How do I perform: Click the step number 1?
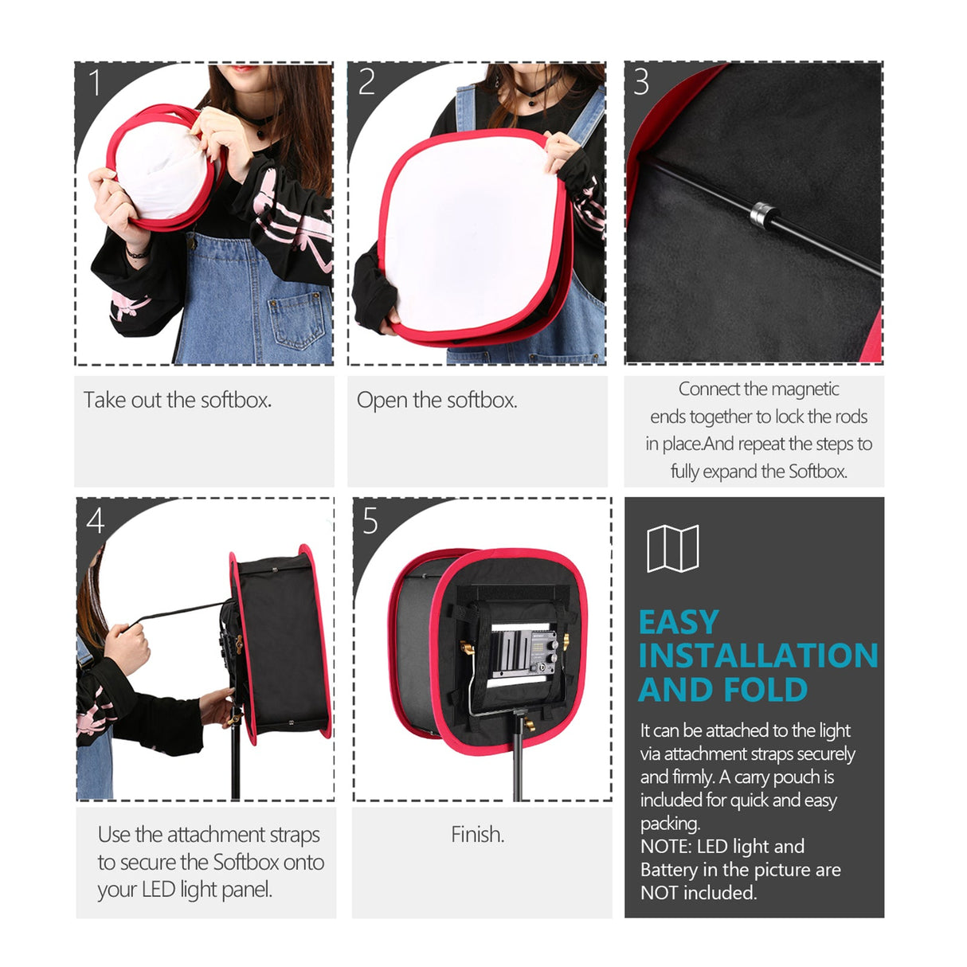point(95,82)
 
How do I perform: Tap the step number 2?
point(366,82)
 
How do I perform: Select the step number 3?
point(641,82)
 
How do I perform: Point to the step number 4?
point(96,521)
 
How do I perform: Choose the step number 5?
point(370,521)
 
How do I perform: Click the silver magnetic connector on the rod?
point(762,213)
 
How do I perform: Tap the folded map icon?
point(672,548)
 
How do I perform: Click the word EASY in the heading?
point(679,622)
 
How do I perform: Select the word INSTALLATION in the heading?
point(758,656)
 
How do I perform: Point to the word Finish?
point(477,834)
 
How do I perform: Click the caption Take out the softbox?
point(178,400)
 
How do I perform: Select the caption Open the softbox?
point(437,400)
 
